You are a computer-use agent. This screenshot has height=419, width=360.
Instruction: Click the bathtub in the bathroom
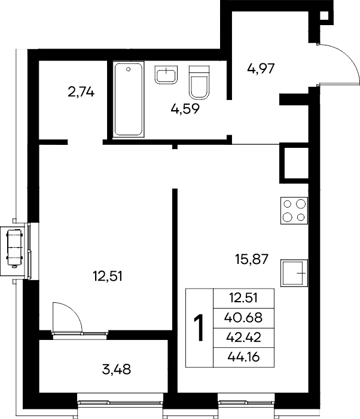(129, 99)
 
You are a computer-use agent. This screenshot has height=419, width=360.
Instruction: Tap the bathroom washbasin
(166, 75)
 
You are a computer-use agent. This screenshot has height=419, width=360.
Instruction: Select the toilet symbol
(199, 83)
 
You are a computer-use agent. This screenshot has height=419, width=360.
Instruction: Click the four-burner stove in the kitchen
(294, 211)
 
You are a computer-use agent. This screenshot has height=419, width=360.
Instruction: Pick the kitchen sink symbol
(294, 273)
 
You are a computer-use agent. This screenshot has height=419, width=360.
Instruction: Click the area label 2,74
(81, 92)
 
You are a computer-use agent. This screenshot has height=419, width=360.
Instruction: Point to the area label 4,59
(185, 109)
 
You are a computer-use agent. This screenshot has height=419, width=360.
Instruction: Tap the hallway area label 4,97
(261, 69)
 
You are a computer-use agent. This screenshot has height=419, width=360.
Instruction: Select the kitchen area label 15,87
(252, 259)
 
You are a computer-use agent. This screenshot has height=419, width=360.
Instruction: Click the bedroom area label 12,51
(108, 276)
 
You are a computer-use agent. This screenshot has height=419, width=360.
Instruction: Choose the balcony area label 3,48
(117, 370)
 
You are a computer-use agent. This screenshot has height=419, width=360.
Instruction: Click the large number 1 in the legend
(199, 328)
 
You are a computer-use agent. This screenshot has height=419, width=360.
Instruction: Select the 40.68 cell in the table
(243, 318)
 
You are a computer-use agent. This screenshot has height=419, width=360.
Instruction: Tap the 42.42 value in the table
(243, 338)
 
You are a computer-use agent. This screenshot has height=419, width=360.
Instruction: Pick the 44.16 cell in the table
(243, 357)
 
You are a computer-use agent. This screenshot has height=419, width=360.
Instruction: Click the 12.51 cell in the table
(243, 298)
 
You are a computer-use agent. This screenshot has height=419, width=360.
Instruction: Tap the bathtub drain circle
(129, 69)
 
